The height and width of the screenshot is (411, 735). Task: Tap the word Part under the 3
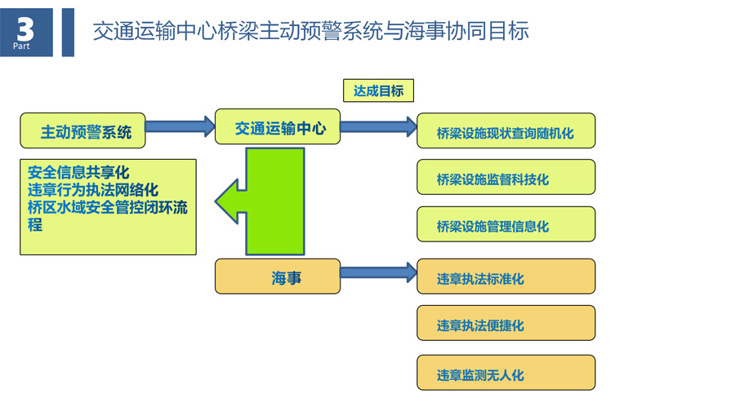tap(24, 46)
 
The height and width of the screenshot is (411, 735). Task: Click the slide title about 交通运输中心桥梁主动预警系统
tap(310, 31)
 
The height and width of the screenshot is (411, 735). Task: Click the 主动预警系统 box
tap(82, 130)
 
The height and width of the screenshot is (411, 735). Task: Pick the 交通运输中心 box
tap(278, 128)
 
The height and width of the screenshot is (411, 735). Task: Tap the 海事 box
tap(278, 277)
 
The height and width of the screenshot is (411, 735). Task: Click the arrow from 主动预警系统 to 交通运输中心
tap(180, 127)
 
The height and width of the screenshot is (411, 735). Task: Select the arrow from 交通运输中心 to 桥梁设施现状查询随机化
tap(378, 126)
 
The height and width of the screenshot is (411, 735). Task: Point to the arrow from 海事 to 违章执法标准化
tap(378, 273)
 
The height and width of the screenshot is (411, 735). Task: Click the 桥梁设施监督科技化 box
tap(506, 178)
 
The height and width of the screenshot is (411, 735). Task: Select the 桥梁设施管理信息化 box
tap(506, 225)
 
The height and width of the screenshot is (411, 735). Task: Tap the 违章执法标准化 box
tap(506, 277)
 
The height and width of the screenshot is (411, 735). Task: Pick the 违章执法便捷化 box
tap(506, 325)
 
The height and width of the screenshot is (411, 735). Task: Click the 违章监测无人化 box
tap(506, 373)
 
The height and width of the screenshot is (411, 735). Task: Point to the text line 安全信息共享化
tap(78, 173)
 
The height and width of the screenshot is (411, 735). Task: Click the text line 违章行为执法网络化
tap(92, 190)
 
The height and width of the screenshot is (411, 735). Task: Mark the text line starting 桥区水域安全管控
tap(107, 207)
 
